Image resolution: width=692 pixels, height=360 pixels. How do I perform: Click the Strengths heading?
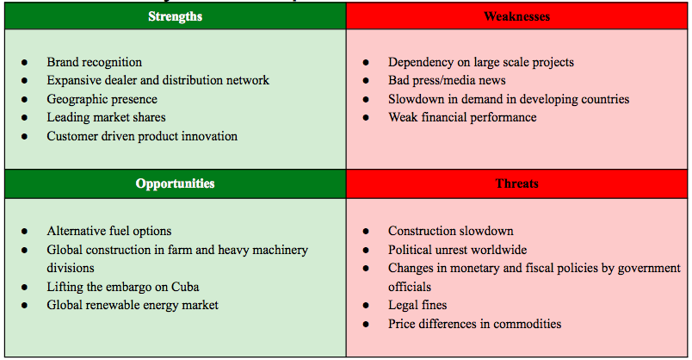pos(176,16)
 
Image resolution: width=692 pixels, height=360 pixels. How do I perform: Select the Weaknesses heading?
pos(516,16)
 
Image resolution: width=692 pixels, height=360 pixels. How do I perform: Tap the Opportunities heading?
pos(176,183)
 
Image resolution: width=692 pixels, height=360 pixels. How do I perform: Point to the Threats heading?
pos(516,183)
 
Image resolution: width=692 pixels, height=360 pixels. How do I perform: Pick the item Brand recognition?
pos(95,62)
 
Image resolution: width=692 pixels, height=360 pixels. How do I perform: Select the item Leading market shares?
pos(107,117)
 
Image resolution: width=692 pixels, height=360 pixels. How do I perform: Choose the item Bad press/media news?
pos(447,80)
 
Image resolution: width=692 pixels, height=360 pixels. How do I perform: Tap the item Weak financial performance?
pos(462,117)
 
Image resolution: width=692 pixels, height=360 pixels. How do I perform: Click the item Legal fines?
pos(417,305)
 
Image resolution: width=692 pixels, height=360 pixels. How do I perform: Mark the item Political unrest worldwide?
pos(458,250)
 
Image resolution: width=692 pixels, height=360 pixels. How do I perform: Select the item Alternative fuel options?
pos(109,231)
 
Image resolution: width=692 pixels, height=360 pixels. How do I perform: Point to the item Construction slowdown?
pos(451,231)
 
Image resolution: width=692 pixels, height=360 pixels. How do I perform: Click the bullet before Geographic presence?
pos(24,99)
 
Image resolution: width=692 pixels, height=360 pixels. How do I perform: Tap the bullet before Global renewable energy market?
pos(24,305)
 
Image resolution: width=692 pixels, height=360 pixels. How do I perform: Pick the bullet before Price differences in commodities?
pos(366,324)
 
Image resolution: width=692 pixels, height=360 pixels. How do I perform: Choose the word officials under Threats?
pos(410,287)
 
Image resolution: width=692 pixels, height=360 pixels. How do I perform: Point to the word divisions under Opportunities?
pos(71,268)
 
